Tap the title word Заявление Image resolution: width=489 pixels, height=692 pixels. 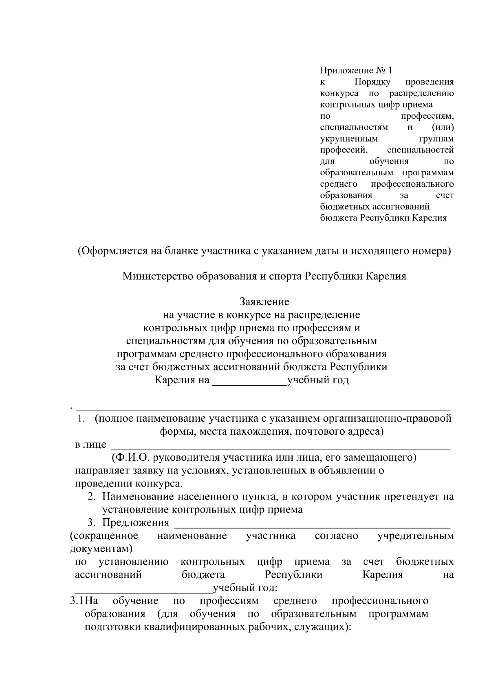[264, 302]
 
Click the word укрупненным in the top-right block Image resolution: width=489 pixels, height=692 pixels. [349, 139]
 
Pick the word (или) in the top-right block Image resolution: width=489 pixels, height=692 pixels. [443, 127]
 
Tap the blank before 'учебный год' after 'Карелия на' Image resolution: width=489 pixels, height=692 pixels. [250, 385]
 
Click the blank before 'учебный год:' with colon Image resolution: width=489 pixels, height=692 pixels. [143, 592]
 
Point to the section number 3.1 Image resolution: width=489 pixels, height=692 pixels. [77, 601]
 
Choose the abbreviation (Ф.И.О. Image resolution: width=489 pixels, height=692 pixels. [130, 458]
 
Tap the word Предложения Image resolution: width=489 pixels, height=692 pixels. [135, 523]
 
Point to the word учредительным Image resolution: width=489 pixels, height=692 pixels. [415, 536]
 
